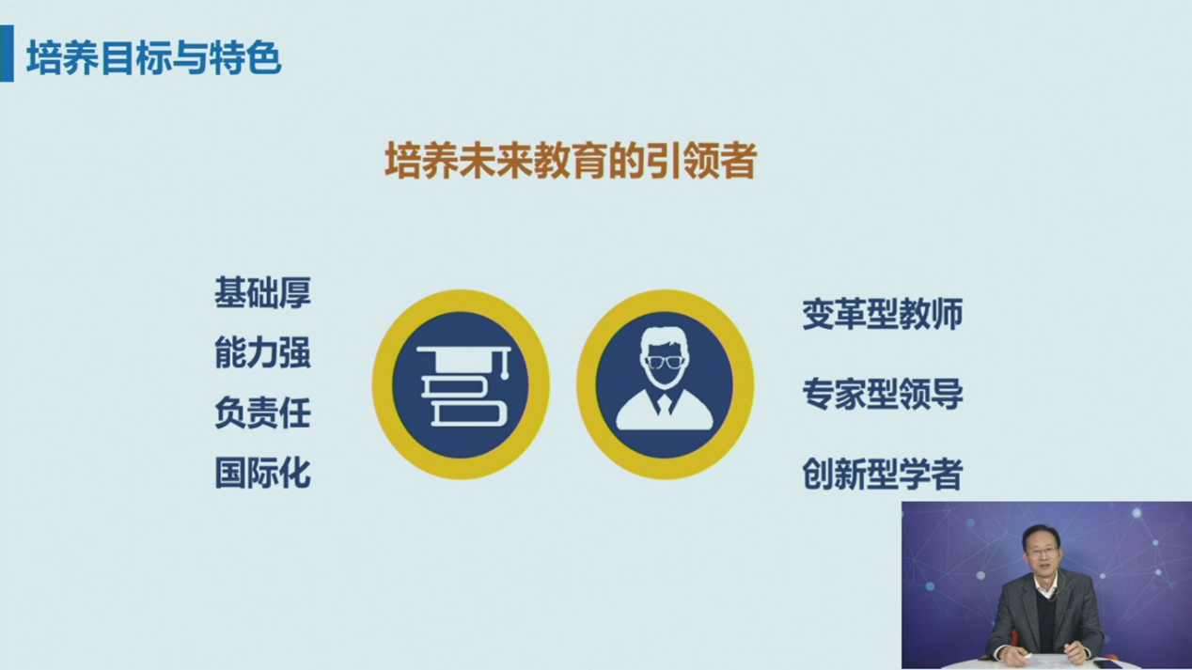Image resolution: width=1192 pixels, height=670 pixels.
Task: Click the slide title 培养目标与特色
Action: point(154,57)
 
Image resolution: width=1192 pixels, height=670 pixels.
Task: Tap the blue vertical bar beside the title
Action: point(7,54)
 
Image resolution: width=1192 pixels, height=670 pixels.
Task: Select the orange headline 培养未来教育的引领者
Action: point(571,160)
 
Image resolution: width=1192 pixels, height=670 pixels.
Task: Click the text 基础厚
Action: point(262,292)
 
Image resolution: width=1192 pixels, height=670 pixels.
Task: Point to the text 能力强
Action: point(262,352)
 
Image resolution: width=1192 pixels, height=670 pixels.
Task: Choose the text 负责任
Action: point(262,413)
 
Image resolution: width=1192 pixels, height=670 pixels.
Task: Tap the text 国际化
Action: point(262,473)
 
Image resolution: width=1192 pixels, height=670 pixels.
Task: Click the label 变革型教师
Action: point(883,314)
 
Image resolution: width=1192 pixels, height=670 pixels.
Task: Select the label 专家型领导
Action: point(883,394)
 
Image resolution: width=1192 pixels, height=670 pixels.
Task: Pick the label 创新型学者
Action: point(883,474)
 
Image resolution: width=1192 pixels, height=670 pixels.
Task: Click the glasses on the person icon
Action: point(665,363)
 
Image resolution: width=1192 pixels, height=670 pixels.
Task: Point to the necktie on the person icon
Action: point(665,404)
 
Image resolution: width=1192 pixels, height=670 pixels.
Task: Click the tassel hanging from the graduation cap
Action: point(505,366)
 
